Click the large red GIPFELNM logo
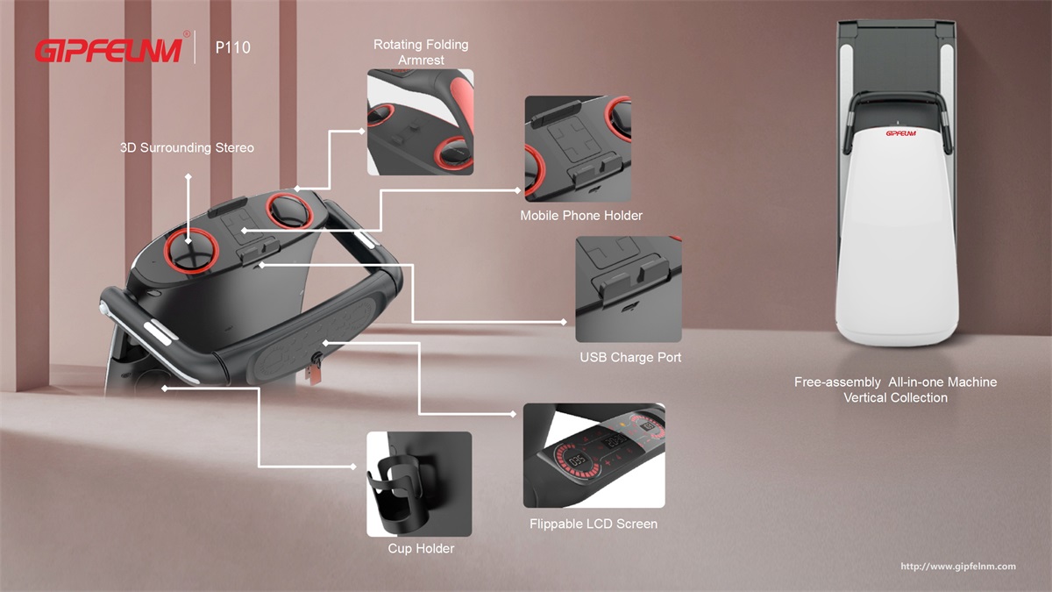pos(109,50)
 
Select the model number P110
pos(233,47)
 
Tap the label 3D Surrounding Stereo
pos(187,147)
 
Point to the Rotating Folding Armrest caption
pos(421,52)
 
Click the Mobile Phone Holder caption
pos(581,216)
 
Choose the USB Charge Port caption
pos(630,358)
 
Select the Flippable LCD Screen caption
pos(594,524)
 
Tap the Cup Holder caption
pos(421,548)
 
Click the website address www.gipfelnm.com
pos(958,567)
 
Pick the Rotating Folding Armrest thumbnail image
pos(420,122)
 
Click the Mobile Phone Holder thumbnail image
pos(578,149)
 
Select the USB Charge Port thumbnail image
pos(629,289)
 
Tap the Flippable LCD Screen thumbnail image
pos(594,455)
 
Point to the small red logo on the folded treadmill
pos(901,133)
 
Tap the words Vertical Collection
pos(895,398)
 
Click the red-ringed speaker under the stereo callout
pos(191,251)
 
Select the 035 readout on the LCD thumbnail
pos(577,460)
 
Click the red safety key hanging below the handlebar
pos(313,374)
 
